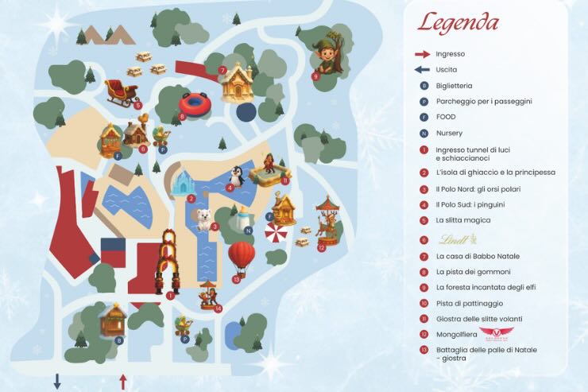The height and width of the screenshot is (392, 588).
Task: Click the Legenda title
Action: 458,22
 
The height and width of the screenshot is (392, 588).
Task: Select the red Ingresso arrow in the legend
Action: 423,54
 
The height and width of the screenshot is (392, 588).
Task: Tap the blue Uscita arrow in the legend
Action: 423,70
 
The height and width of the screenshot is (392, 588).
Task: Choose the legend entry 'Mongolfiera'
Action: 455,334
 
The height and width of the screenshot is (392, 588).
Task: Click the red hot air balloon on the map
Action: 242,256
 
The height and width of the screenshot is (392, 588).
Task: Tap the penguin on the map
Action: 237,176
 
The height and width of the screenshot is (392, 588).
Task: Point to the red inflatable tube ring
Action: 194,104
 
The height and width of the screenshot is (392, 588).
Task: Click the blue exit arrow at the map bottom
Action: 57,382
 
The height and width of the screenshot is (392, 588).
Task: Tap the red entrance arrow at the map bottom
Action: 123,382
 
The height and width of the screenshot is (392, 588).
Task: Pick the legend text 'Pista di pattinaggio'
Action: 470,303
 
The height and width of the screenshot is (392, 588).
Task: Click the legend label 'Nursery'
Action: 449,133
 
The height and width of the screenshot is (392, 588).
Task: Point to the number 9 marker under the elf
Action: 315,76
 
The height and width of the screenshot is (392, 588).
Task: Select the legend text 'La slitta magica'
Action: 463,219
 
